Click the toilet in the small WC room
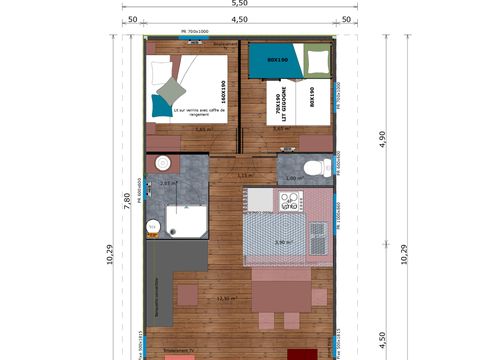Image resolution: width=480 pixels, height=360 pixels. [x=315, y=167]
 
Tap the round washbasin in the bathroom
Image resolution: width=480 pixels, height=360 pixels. [x=160, y=165]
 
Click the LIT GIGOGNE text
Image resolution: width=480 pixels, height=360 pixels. [x=279, y=104]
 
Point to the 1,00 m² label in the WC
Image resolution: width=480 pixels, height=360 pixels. [x=293, y=178]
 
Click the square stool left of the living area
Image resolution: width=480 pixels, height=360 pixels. [x=187, y=294]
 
